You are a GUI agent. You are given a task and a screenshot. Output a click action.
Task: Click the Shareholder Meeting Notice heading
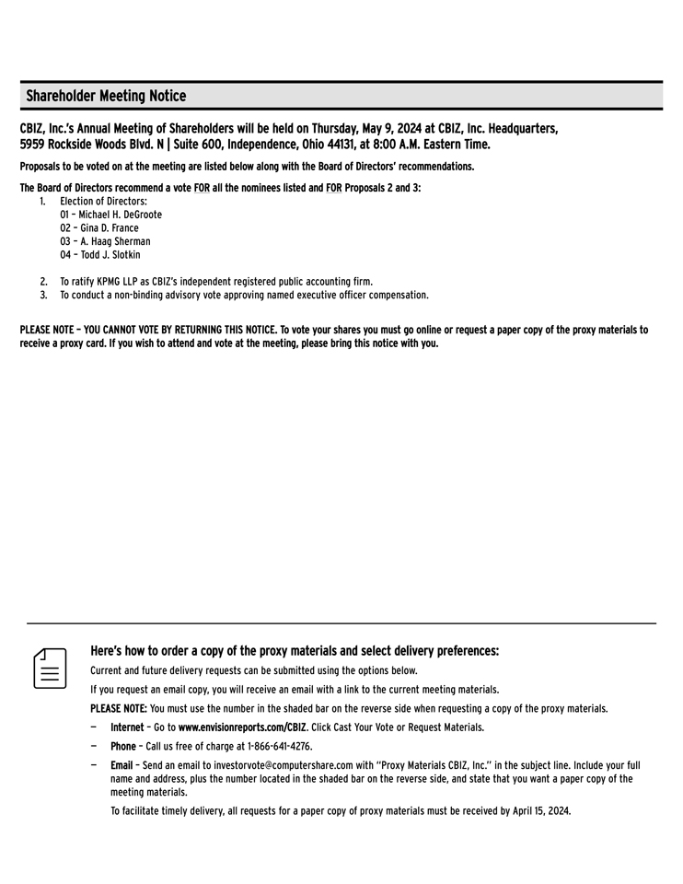(106, 96)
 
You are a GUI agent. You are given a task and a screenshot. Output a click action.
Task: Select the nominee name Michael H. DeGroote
(120, 215)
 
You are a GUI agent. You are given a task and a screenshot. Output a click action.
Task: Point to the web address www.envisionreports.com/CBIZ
(242, 727)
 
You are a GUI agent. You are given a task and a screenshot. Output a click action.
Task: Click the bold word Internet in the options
(127, 727)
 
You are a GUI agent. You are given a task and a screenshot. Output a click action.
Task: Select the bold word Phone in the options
(123, 747)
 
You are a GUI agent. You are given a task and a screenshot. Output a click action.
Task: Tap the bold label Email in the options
(122, 765)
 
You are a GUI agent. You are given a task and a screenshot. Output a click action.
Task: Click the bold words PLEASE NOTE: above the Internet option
(119, 708)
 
